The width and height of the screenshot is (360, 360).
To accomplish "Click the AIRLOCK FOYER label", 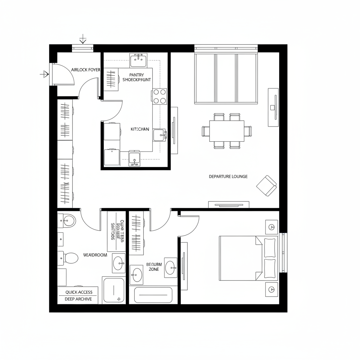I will [x=85, y=70].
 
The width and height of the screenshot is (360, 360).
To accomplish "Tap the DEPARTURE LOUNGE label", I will [x=228, y=176].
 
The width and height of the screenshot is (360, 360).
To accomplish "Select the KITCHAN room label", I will [x=140, y=129].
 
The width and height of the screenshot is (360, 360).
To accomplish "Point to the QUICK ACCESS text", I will [x=79, y=292].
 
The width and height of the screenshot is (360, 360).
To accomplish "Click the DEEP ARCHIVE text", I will [x=78, y=299].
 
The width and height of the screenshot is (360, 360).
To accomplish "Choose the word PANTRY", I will [x=137, y=75].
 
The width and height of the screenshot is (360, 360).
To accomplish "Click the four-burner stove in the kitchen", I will [x=160, y=96].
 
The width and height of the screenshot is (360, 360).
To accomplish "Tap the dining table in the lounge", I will [x=227, y=131].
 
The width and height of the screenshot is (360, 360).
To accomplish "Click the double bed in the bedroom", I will [x=248, y=258].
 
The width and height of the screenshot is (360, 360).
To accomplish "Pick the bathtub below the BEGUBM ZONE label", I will [x=154, y=295].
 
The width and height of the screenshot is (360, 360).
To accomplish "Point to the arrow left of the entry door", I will [x=44, y=74].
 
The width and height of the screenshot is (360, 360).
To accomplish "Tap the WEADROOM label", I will [x=95, y=255].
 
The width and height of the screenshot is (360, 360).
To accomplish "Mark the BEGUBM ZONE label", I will [x=154, y=266].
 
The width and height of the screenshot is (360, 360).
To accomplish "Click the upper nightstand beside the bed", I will [x=271, y=227].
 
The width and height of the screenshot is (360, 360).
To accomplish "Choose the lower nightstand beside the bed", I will [x=271, y=289].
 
